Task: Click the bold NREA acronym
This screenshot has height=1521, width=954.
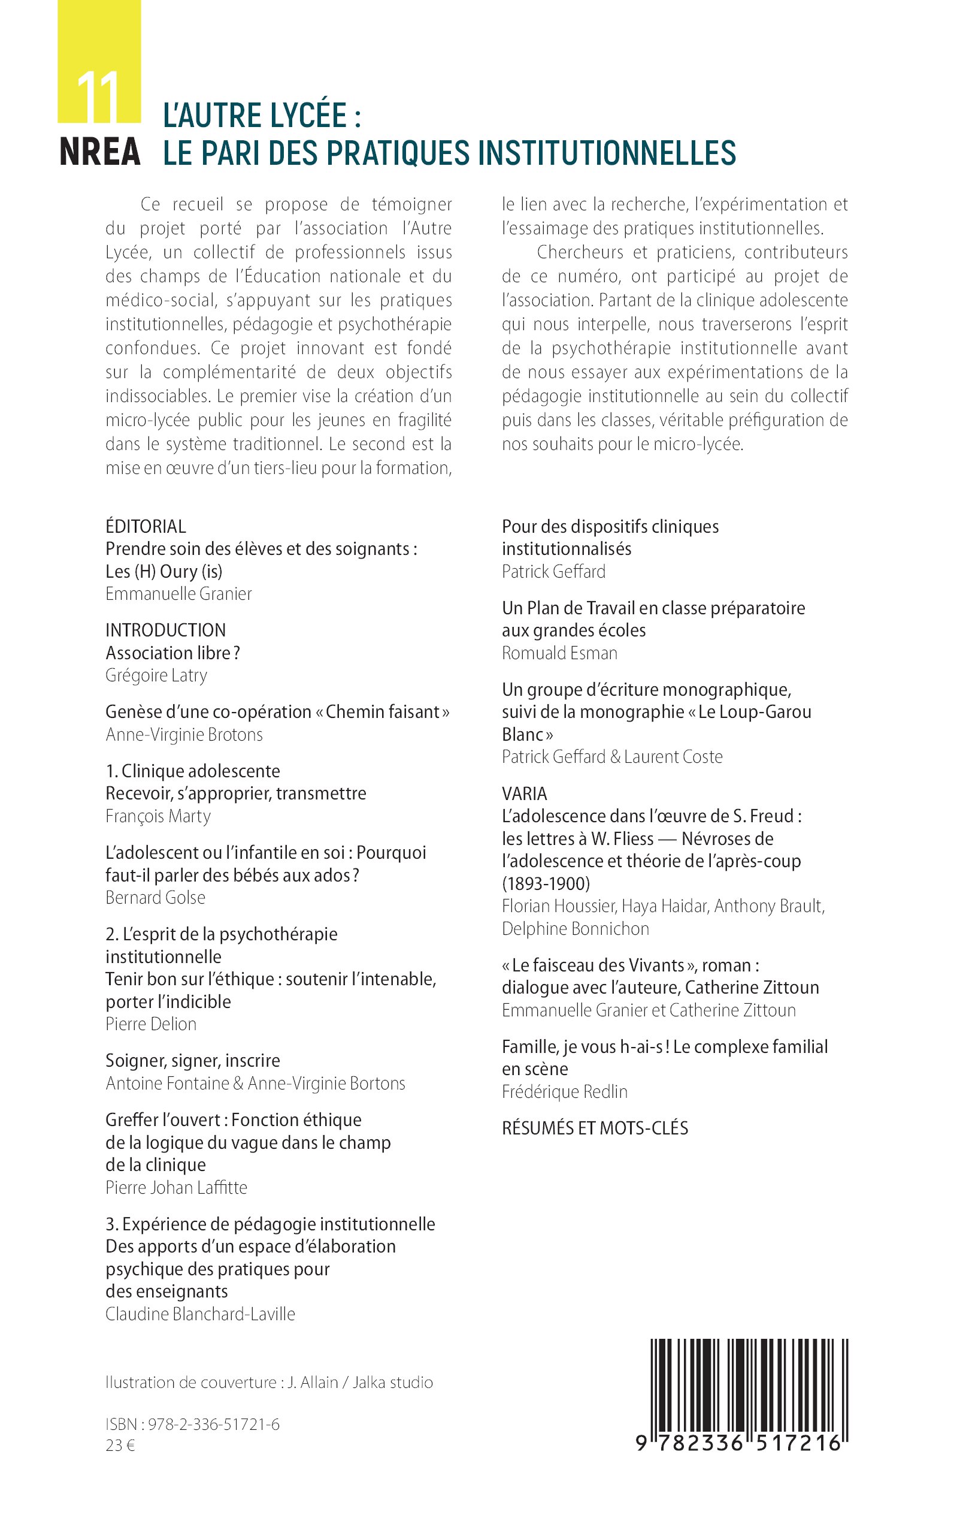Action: click(99, 152)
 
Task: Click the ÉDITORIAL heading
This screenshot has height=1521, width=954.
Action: click(146, 526)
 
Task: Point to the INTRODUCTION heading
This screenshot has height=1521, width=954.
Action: click(165, 629)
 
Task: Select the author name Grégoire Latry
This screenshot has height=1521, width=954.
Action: click(156, 675)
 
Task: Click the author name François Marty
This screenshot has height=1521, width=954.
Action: click(158, 816)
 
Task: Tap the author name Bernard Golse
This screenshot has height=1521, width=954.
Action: click(155, 897)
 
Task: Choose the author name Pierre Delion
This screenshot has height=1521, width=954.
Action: click(151, 1024)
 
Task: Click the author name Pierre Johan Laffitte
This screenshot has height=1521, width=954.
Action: click(176, 1187)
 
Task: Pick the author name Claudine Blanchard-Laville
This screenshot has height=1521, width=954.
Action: click(200, 1314)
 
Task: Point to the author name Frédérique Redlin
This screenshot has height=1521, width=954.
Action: click(565, 1091)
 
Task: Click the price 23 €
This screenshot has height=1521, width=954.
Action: click(120, 1445)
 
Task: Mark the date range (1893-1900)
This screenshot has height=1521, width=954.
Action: click(546, 883)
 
